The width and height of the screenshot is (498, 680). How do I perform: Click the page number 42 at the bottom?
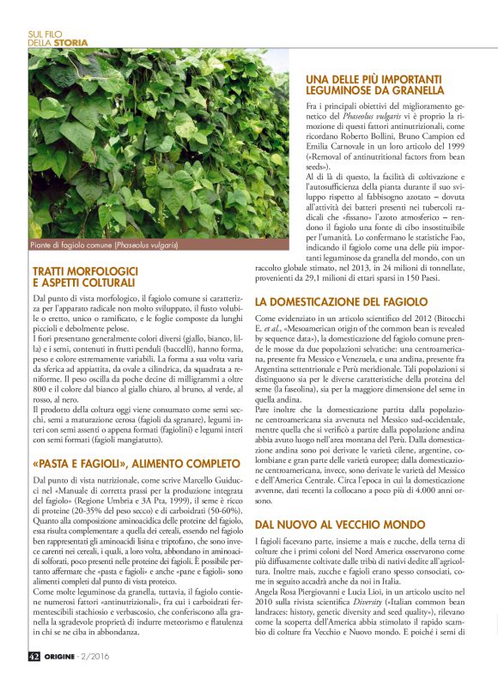click(x=33, y=655)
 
